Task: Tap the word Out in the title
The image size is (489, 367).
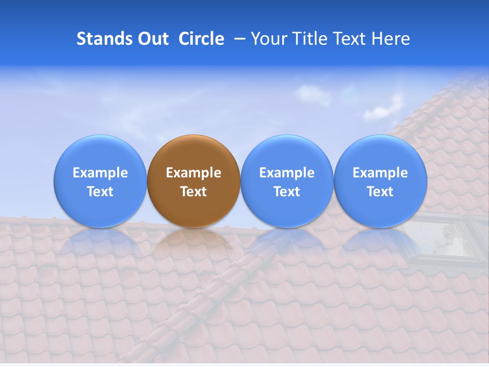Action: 153,39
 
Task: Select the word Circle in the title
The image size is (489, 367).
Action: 201,39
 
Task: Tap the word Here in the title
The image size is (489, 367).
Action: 390,39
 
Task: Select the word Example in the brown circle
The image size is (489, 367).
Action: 194,173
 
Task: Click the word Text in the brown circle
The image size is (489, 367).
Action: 194,192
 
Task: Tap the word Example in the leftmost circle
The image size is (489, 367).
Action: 100,173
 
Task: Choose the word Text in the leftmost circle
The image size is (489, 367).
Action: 100,192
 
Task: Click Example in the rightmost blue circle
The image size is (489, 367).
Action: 380,173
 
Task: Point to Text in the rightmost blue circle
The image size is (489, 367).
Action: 380,192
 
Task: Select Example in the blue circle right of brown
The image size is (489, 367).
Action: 287,173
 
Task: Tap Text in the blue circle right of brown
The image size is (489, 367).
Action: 287,192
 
